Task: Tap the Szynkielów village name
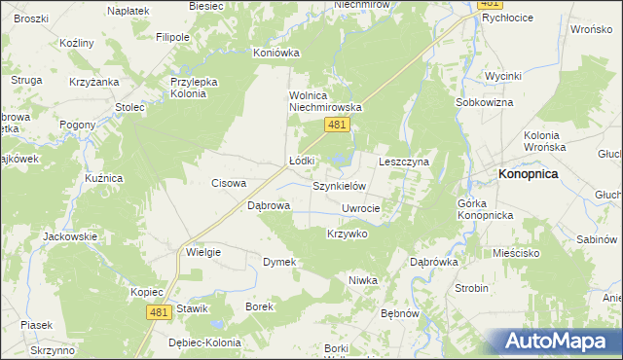point(338,185)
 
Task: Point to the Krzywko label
point(347,234)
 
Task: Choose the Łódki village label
point(302,161)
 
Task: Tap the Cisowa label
point(230,183)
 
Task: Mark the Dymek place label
point(279,262)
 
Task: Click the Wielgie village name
point(203,252)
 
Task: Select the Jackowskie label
point(69,236)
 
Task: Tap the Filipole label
point(172,37)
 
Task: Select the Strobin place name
point(472,289)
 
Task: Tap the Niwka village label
point(362,280)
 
